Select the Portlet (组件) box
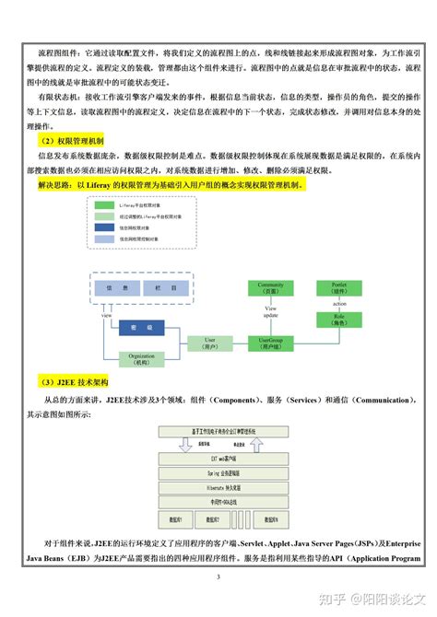(333, 289)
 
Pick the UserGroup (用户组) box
(271, 343)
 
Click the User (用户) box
(209, 343)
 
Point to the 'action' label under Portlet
(339, 304)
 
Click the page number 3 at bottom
(218, 577)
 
